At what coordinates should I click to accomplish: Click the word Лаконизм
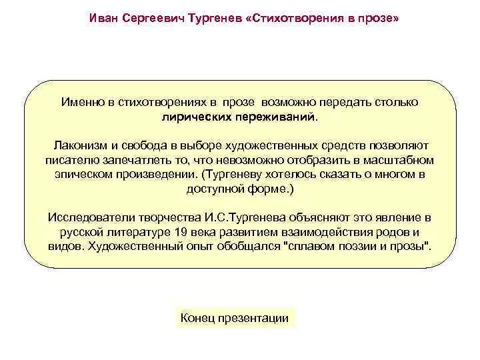coord(79,146)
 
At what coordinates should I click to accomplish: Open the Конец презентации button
coord(235,318)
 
